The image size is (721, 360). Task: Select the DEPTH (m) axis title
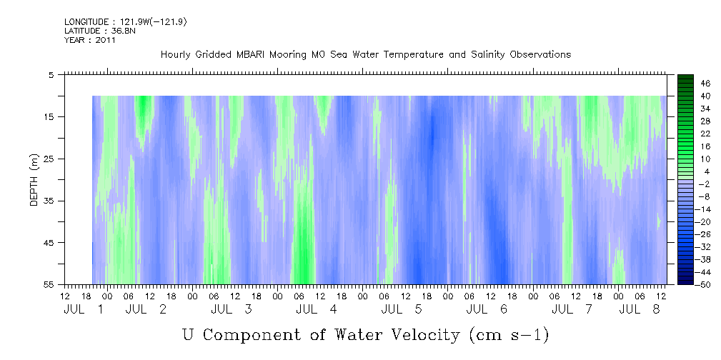[x=34, y=180]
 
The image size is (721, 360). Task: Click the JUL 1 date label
[x=83, y=309]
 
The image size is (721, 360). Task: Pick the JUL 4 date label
[x=317, y=309]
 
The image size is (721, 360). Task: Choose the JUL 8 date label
[x=639, y=309]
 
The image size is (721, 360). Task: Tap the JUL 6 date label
[x=487, y=309]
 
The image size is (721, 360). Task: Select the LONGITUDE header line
[x=126, y=22]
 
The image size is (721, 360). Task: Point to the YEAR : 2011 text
[x=89, y=40]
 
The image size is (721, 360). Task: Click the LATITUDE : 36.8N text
[x=100, y=31]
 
